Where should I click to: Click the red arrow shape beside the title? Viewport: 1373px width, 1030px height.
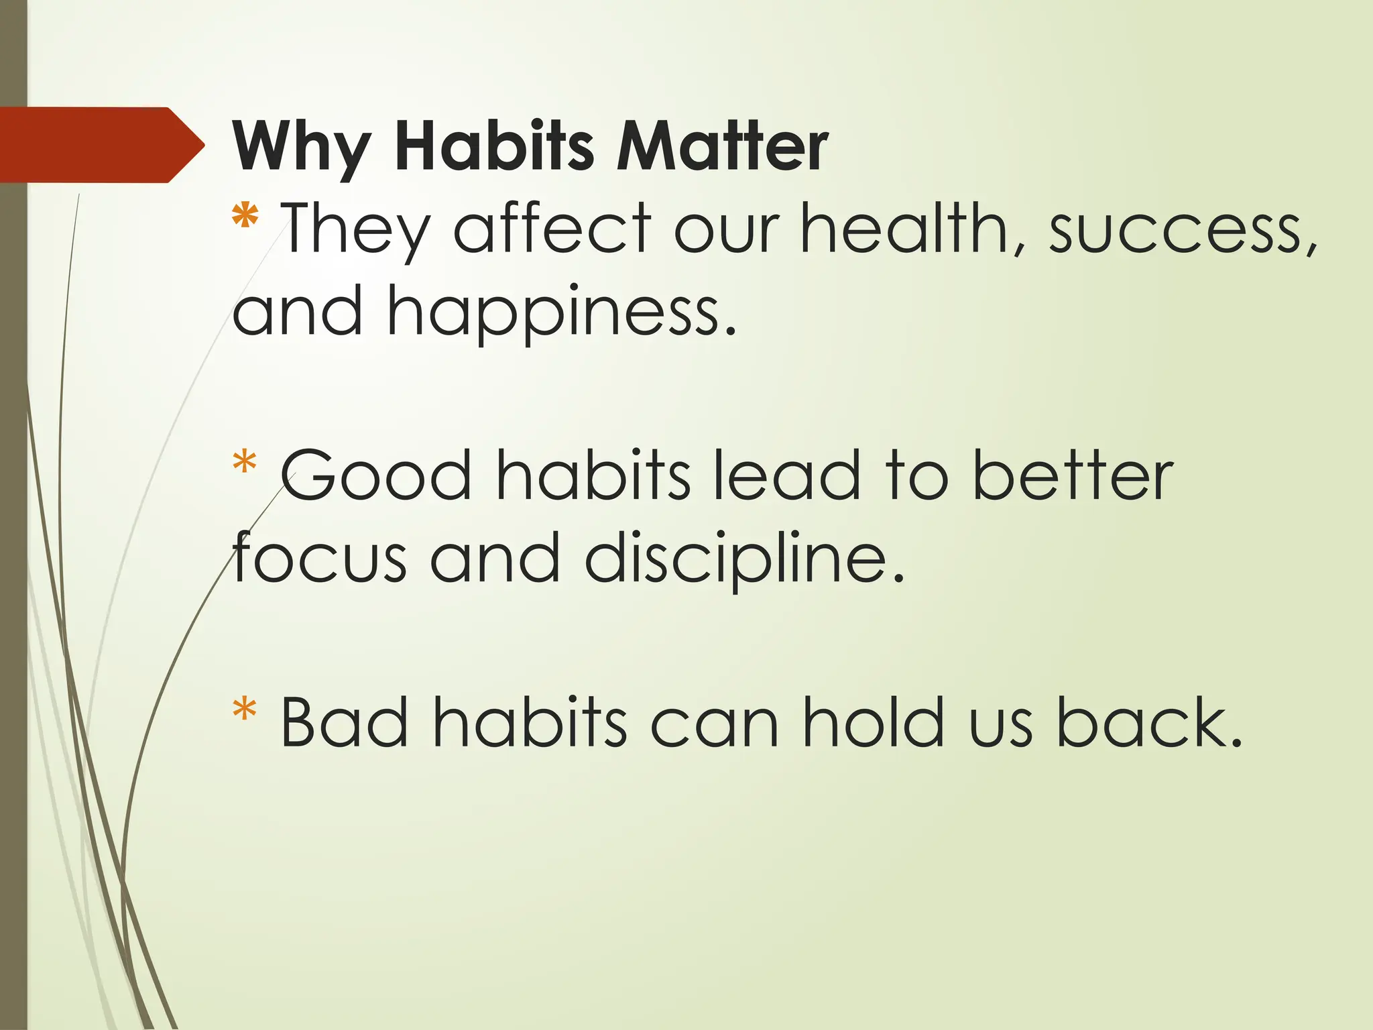click(x=101, y=145)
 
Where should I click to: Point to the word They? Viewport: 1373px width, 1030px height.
click(x=356, y=229)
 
